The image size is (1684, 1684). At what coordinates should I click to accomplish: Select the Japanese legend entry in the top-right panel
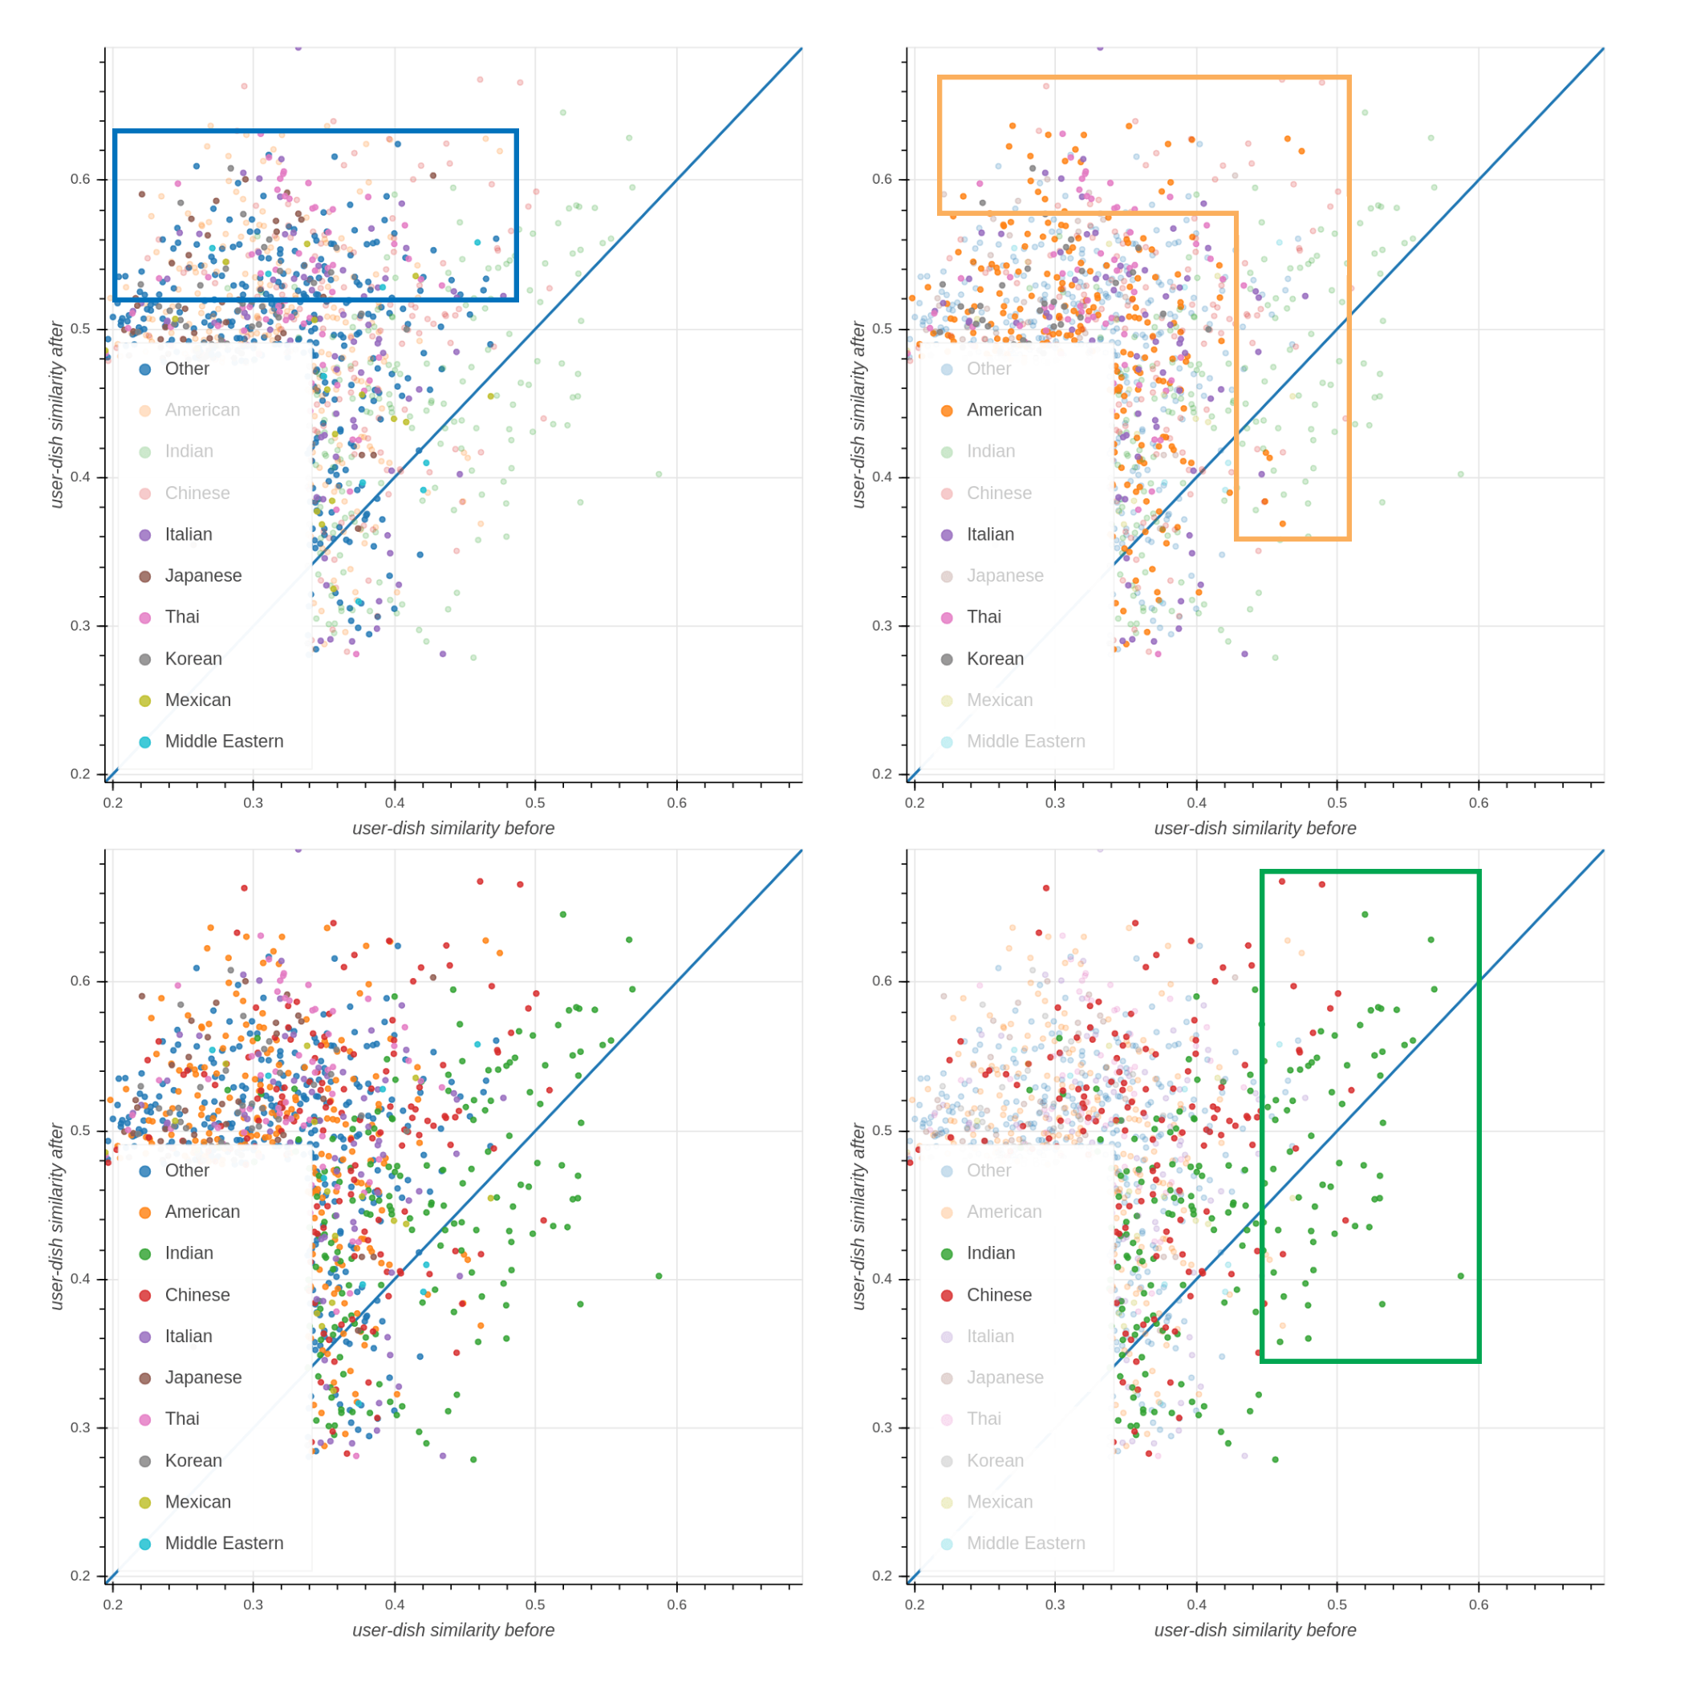click(x=1004, y=576)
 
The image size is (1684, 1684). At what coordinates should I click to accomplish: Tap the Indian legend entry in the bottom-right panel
click(x=990, y=1253)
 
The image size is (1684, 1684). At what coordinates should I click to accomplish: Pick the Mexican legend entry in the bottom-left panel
click(x=198, y=1502)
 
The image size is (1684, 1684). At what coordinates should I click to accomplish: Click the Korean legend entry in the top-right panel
click(x=995, y=659)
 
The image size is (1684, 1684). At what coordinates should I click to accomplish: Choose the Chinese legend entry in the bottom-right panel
click(x=998, y=1295)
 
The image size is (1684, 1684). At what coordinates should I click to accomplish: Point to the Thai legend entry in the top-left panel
click(x=182, y=617)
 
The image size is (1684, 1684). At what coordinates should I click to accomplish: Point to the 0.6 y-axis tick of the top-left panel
click(x=80, y=180)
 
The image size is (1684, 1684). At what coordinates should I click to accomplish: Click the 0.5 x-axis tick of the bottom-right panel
click(x=1337, y=1605)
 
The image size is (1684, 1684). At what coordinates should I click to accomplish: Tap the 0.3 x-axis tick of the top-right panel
click(x=1056, y=803)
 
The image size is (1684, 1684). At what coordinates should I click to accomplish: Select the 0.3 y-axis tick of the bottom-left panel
click(x=80, y=1428)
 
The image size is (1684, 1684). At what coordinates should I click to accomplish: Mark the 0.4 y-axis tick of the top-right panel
click(x=882, y=477)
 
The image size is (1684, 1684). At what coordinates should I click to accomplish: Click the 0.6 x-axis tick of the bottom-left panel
click(x=676, y=1605)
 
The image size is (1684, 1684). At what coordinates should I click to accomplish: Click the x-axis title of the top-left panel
click(x=453, y=828)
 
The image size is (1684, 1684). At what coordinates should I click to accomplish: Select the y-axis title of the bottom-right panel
click(x=858, y=1217)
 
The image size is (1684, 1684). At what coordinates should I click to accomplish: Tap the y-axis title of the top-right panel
click(x=858, y=415)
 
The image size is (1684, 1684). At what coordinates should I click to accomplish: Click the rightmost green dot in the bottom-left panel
click(x=659, y=1276)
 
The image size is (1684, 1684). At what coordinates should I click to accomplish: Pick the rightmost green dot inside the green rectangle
click(x=1461, y=1276)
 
